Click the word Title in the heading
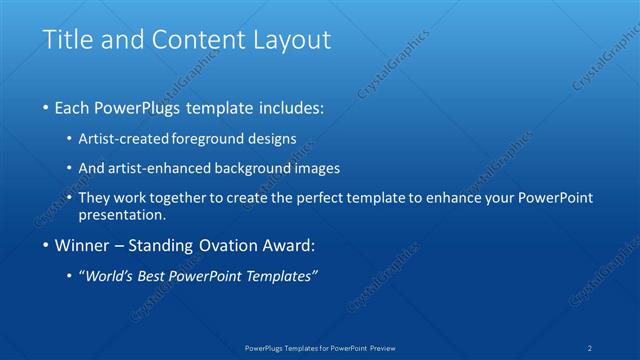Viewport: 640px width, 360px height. tap(67, 40)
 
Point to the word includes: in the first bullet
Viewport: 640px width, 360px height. tap(290, 107)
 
